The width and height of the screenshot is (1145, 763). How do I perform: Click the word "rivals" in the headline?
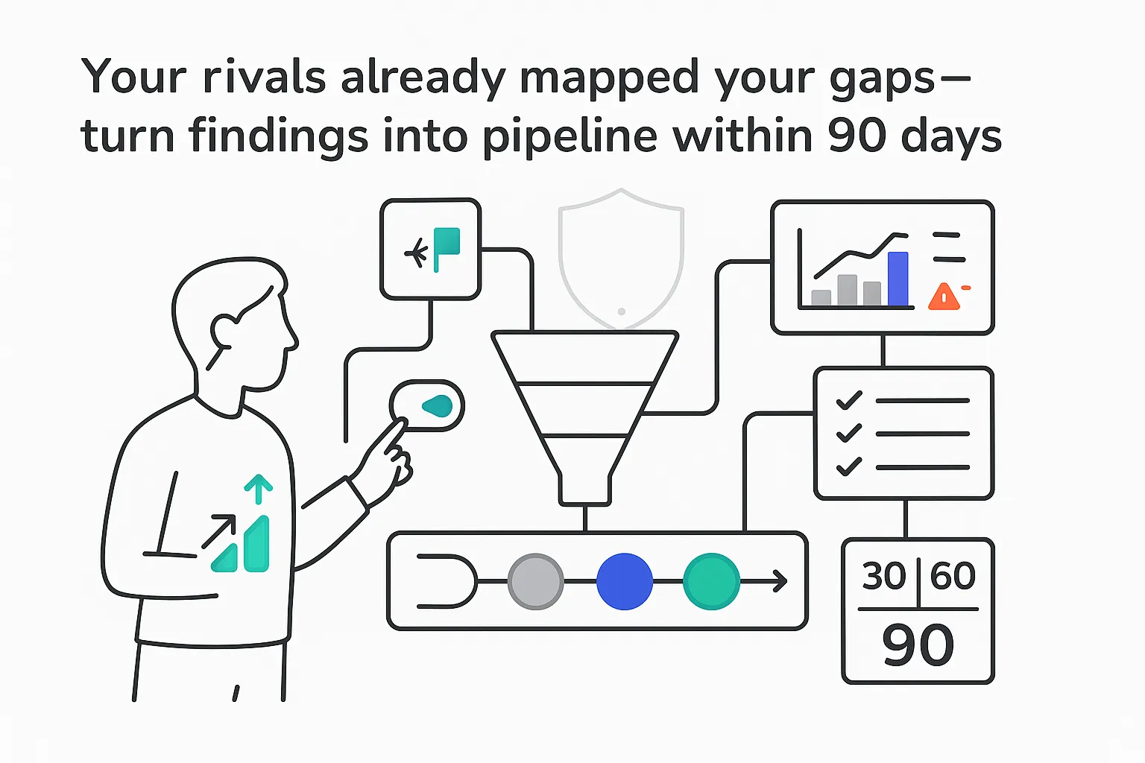(265, 77)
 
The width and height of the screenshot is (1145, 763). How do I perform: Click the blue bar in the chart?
(898, 279)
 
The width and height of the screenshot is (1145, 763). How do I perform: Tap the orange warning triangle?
(944, 296)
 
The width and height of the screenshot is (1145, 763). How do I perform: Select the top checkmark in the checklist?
(849, 400)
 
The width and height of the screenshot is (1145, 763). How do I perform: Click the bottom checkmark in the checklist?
(849, 466)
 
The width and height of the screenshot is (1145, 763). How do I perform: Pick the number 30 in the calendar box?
(884, 576)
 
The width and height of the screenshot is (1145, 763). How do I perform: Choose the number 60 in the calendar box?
(953, 576)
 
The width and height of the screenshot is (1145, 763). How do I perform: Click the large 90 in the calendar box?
(918, 645)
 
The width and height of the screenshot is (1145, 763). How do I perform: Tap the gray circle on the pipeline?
(535, 581)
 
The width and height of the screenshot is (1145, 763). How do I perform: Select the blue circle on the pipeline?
(625, 581)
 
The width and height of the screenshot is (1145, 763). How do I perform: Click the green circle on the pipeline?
(711, 581)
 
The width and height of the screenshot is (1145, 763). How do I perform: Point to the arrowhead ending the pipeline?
(780, 580)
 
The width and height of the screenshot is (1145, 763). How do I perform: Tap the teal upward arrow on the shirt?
(259, 489)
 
